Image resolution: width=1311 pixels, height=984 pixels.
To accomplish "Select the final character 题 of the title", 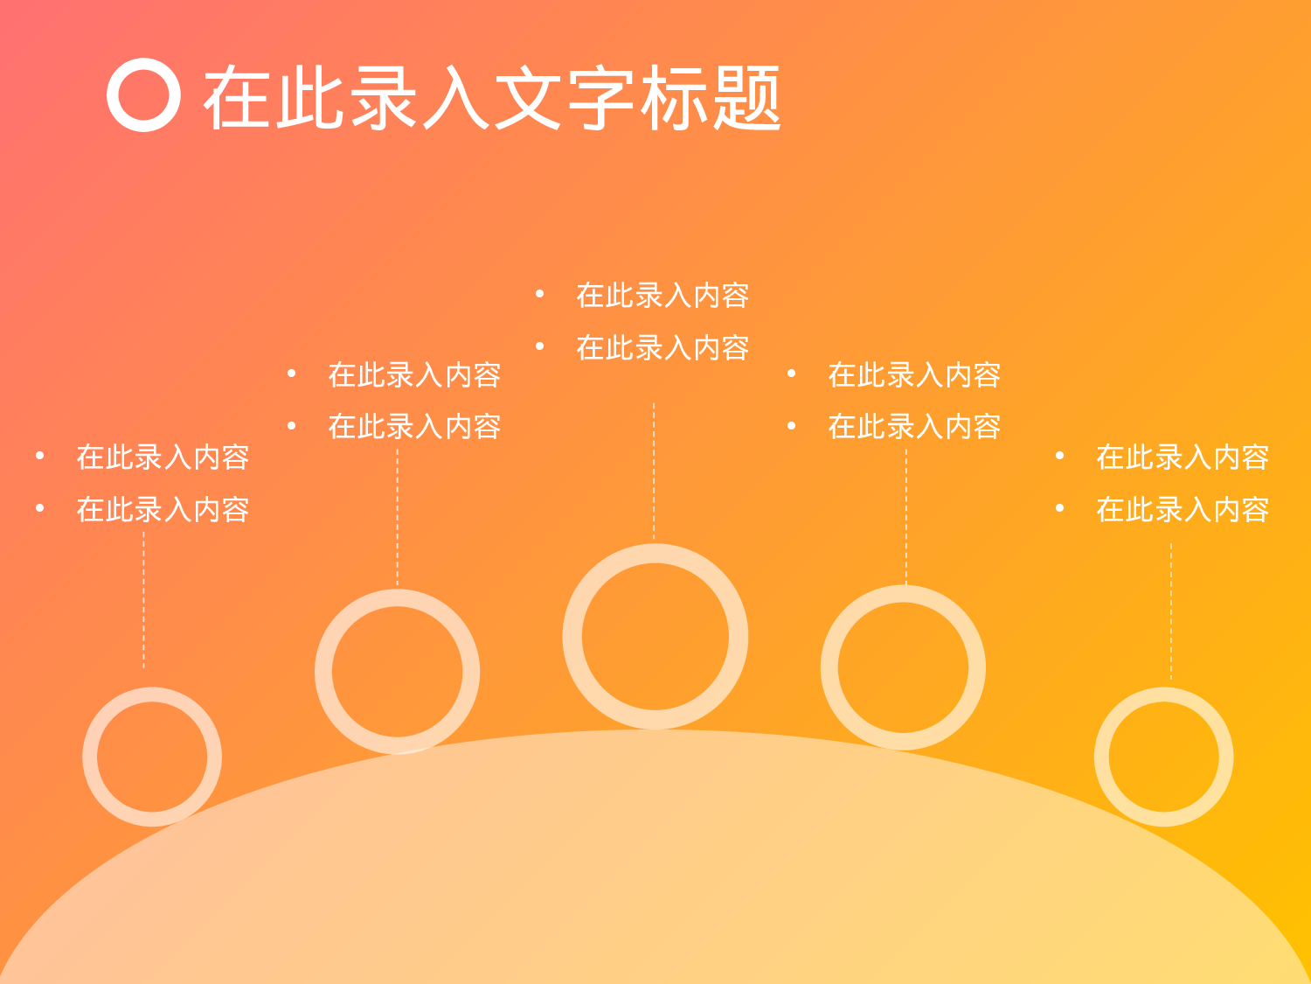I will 746,98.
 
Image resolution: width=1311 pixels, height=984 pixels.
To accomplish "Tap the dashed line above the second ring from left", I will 398,516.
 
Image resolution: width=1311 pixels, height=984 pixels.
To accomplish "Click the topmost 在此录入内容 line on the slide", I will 662,296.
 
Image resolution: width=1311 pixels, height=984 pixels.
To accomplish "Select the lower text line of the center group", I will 662,348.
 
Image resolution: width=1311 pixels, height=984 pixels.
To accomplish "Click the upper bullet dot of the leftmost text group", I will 39,456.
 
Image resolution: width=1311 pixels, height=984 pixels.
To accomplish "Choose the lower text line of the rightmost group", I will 1182,509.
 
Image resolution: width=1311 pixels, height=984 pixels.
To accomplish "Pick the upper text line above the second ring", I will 414,375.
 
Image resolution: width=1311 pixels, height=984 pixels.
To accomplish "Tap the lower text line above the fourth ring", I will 914,427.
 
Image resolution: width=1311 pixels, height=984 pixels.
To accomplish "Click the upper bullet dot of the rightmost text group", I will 1059,456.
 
